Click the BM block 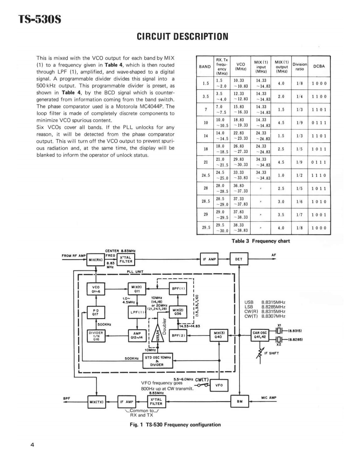(x=240, y=402)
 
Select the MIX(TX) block (x=96, y=402)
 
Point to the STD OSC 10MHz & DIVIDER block (x=159, y=361)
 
